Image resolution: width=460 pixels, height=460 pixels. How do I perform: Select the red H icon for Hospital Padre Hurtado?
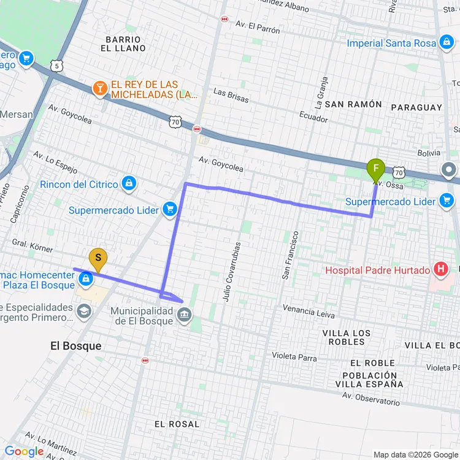(x=440, y=269)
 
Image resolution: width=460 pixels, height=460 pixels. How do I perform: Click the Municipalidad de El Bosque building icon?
(x=183, y=315)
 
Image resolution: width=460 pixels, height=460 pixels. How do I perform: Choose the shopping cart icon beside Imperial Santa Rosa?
(x=446, y=43)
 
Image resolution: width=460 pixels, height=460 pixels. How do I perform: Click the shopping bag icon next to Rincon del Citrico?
(x=129, y=183)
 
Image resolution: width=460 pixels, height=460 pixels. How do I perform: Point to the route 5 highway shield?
(x=57, y=65)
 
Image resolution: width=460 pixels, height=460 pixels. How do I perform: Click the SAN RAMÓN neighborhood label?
(x=353, y=105)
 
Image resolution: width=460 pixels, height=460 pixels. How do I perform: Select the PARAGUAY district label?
(x=416, y=107)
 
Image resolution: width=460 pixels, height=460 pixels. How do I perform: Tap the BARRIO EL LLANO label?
(x=126, y=44)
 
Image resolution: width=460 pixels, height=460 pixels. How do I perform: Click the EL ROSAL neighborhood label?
(x=177, y=424)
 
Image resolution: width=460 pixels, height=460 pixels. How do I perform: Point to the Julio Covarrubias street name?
(x=228, y=271)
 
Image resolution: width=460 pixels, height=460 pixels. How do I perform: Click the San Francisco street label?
(x=289, y=255)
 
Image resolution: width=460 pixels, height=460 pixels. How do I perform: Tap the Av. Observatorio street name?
(x=371, y=399)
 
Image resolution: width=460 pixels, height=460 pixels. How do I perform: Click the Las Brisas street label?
(x=231, y=93)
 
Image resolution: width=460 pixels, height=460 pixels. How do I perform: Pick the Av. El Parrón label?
(x=258, y=28)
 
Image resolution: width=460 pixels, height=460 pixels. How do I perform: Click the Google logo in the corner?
(x=25, y=452)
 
